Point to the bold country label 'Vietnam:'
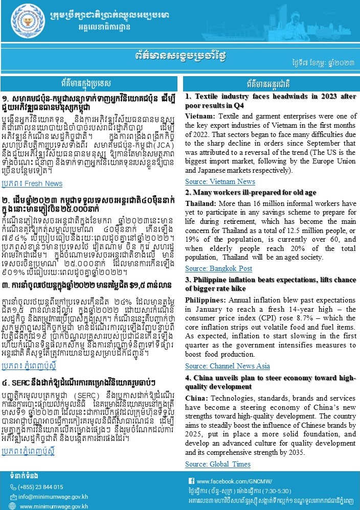(199, 117)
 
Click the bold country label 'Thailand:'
(201, 203)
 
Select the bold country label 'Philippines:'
(204, 299)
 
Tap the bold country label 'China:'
(196, 398)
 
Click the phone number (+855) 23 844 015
(41, 487)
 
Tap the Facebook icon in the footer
(191, 481)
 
